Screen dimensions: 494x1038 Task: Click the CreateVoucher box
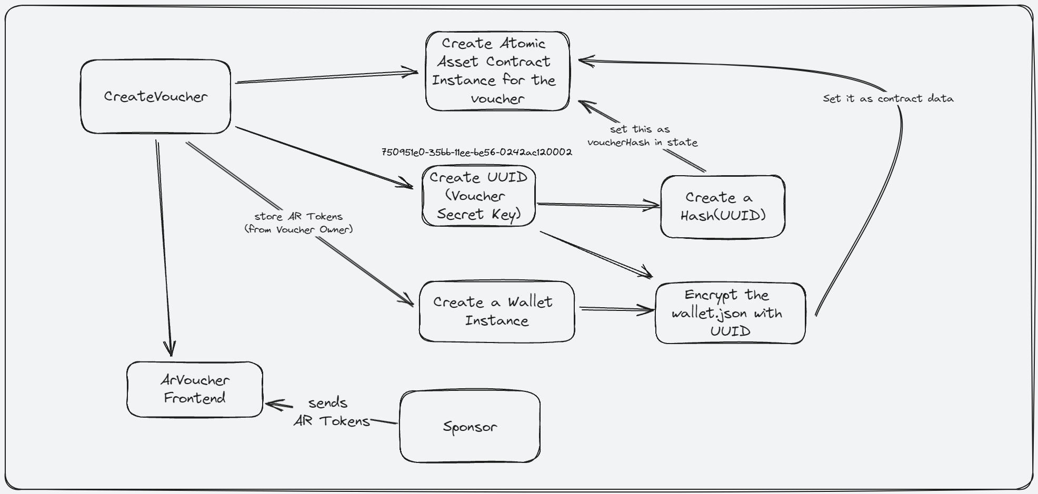(x=155, y=96)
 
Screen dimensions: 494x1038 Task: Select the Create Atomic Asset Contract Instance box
(x=497, y=71)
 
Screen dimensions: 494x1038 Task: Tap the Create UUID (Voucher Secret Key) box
(x=478, y=196)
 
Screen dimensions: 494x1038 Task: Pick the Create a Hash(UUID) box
(x=722, y=206)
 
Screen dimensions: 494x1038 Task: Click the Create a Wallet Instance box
(x=496, y=311)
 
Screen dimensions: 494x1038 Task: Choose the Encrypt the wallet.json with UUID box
(x=730, y=313)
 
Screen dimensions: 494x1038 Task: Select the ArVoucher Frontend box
(x=194, y=389)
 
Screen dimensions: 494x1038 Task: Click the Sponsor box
(x=470, y=427)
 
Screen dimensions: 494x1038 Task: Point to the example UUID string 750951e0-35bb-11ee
(x=476, y=152)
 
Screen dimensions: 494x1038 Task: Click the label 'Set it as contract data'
(x=888, y=98)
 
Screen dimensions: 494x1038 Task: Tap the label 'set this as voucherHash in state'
(x=642, y=136)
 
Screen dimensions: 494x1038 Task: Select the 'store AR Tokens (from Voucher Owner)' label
(x=298, y=223)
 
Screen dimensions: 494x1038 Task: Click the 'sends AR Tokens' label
(x=331, y=412)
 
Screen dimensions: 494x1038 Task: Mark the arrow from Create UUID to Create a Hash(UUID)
(x=597, y=205)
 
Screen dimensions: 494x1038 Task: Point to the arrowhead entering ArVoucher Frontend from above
(x=169, y=348)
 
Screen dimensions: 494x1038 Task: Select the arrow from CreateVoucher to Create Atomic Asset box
(x=326, y=77)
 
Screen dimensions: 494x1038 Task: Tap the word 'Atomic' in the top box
(x=522, y=43)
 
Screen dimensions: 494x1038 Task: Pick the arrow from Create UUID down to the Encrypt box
(x=595, y=254)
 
